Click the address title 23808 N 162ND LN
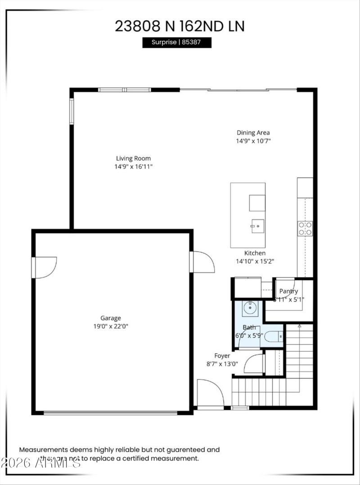[x=180, y=26]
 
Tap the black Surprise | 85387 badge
[x=177, y=42]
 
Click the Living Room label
[x=133, y=158]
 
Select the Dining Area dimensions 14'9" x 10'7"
[x=253, y=141]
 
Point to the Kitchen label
[x=255, y=253]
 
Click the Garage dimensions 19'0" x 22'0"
[x=111, y=326]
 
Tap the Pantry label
[x=288, y=291]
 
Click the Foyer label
[x=222, y=356]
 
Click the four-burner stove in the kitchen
[x=305, y=229]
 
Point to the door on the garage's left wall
[x=44, y=267]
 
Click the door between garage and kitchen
[x=202, y=262]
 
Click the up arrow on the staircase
[x=300, y=326]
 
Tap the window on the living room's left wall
[x=71, y=111]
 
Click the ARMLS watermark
[x=40, y=463]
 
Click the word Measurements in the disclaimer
[x=43, y=449]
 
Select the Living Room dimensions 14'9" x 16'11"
[x=133, y=166]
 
